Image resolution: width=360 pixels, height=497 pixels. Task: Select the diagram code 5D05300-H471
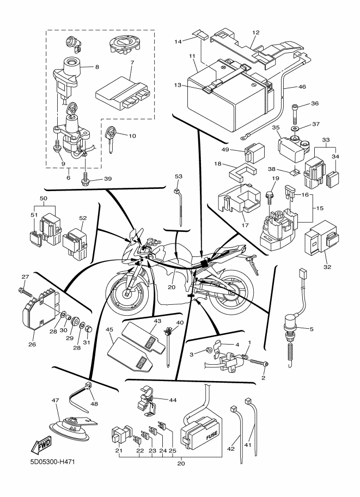53,462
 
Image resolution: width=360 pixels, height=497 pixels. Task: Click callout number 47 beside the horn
55,401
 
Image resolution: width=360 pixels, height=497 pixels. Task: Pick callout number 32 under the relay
327,267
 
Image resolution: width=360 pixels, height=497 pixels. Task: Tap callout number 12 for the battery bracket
255,32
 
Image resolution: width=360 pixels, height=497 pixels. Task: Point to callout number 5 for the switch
312,329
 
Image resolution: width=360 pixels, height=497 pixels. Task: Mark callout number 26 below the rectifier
32,344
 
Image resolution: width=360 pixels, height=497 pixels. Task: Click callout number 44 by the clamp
173,400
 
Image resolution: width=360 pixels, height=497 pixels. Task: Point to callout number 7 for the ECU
132,63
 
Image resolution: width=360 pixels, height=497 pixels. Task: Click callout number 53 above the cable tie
179,176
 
